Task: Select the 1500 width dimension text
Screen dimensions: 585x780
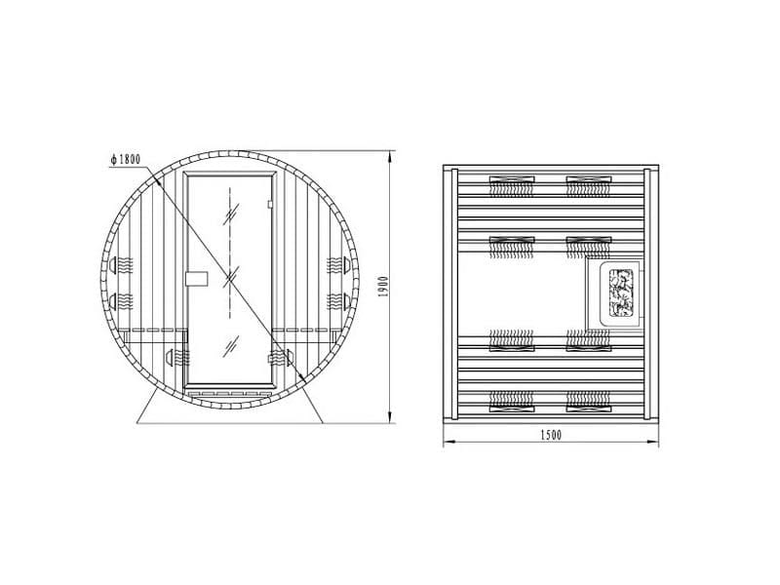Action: point(548,434)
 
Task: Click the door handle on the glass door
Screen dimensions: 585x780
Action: point(196,277)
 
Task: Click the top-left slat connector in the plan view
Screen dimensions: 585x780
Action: point(511,180)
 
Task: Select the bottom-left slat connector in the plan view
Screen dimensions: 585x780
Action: point(511,399)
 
